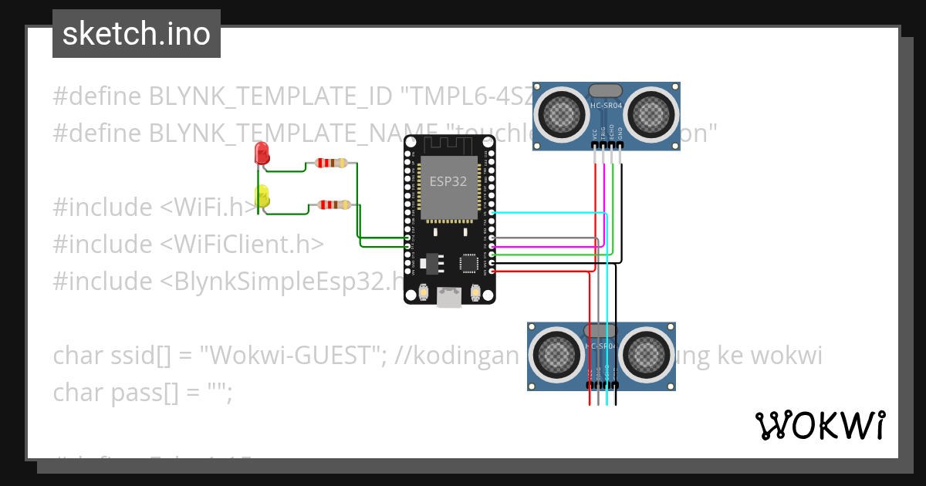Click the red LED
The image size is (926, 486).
pyautogui.click(x=262, y=153)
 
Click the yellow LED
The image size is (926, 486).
pyautogui.click(x=262, y=196)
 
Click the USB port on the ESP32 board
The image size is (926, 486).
pyautogui.click(x=449, y=296)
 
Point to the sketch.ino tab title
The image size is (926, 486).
pyautogui.click(x=137, y=34)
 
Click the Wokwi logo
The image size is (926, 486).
pyautogui.click(x=820, y=426)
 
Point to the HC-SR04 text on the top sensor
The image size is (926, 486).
pyautogui.click(x=606, y=105)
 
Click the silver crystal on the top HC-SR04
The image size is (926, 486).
pyautogui.click(x=606, y=90)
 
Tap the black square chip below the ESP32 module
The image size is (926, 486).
pyautogui.click(x=468, y=262)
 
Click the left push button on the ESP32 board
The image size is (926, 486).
pyautogui.click(x=422, y=293)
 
